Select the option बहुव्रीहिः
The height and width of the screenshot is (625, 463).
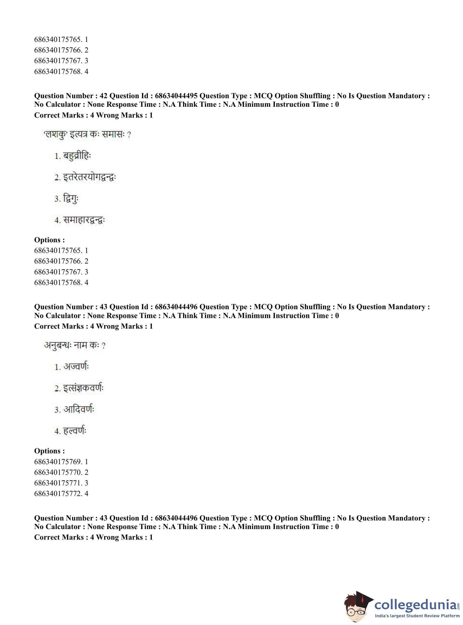coord(77,156)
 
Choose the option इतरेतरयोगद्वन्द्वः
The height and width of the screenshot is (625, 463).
coord(89,177)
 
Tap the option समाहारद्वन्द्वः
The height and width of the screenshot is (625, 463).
coord(84,220)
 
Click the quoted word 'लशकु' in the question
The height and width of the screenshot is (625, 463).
coord(55,135)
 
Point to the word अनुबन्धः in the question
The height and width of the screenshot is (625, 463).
coord(57,346)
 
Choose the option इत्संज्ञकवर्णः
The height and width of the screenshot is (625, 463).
coord(83,388)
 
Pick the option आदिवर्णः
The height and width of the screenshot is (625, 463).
coord(79,410)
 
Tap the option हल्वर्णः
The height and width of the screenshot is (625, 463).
coord(75,431)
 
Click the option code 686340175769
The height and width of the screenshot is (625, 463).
coord(58,462)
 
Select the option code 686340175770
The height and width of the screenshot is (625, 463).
coord(58,472)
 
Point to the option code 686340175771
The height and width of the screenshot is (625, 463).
coord(58,483)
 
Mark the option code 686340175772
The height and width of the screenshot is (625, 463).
coord(58,493)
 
